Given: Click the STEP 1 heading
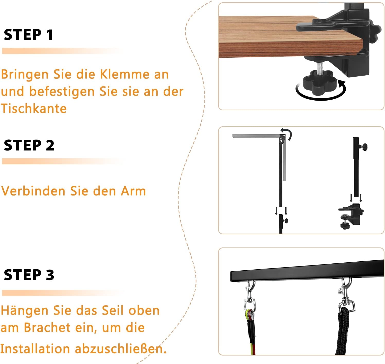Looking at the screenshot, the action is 29,35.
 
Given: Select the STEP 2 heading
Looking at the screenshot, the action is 29,145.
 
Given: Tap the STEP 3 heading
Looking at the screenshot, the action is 29,275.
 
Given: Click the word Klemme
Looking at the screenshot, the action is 124,74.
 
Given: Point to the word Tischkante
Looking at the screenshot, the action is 34,108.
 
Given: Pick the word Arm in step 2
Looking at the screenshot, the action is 133,191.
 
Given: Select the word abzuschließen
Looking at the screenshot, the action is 121,349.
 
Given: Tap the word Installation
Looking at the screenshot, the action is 35,349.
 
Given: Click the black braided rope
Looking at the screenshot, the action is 344,331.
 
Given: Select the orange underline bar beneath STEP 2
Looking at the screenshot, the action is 63,161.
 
